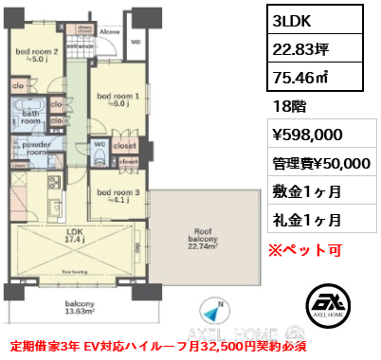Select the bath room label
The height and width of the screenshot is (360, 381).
coord(32,118)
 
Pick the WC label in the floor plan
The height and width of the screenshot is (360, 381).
coord(100,145)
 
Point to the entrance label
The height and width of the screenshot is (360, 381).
coord(80,45)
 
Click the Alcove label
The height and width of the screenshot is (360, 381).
coord(109,30)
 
